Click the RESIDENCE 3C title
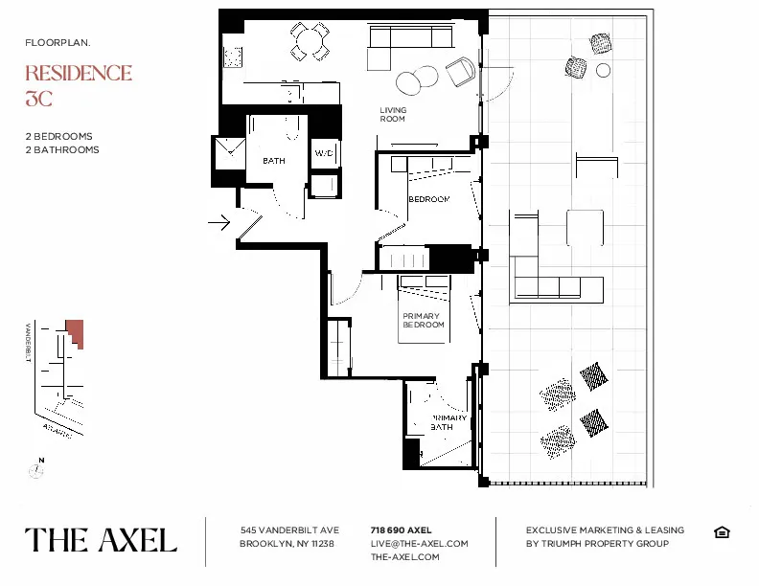click(78, 84)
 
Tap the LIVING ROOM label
click(393, 115)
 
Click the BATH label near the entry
click(274, 161)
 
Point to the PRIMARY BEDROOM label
click(423, 321)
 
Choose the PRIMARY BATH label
click(447, 422)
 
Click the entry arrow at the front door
click(219, 223)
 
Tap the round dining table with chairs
click(309, 41)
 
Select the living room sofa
click(410, 38)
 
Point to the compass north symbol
click(36, 469)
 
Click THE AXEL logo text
click(101, 540)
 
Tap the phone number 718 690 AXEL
click(401, 530)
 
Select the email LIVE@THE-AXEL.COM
click(419, 543)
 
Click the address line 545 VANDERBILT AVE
click(289, 530)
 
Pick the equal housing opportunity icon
click(723, 532)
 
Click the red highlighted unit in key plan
click(75, 333)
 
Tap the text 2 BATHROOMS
click(62, 149)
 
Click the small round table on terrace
click(603, 70)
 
